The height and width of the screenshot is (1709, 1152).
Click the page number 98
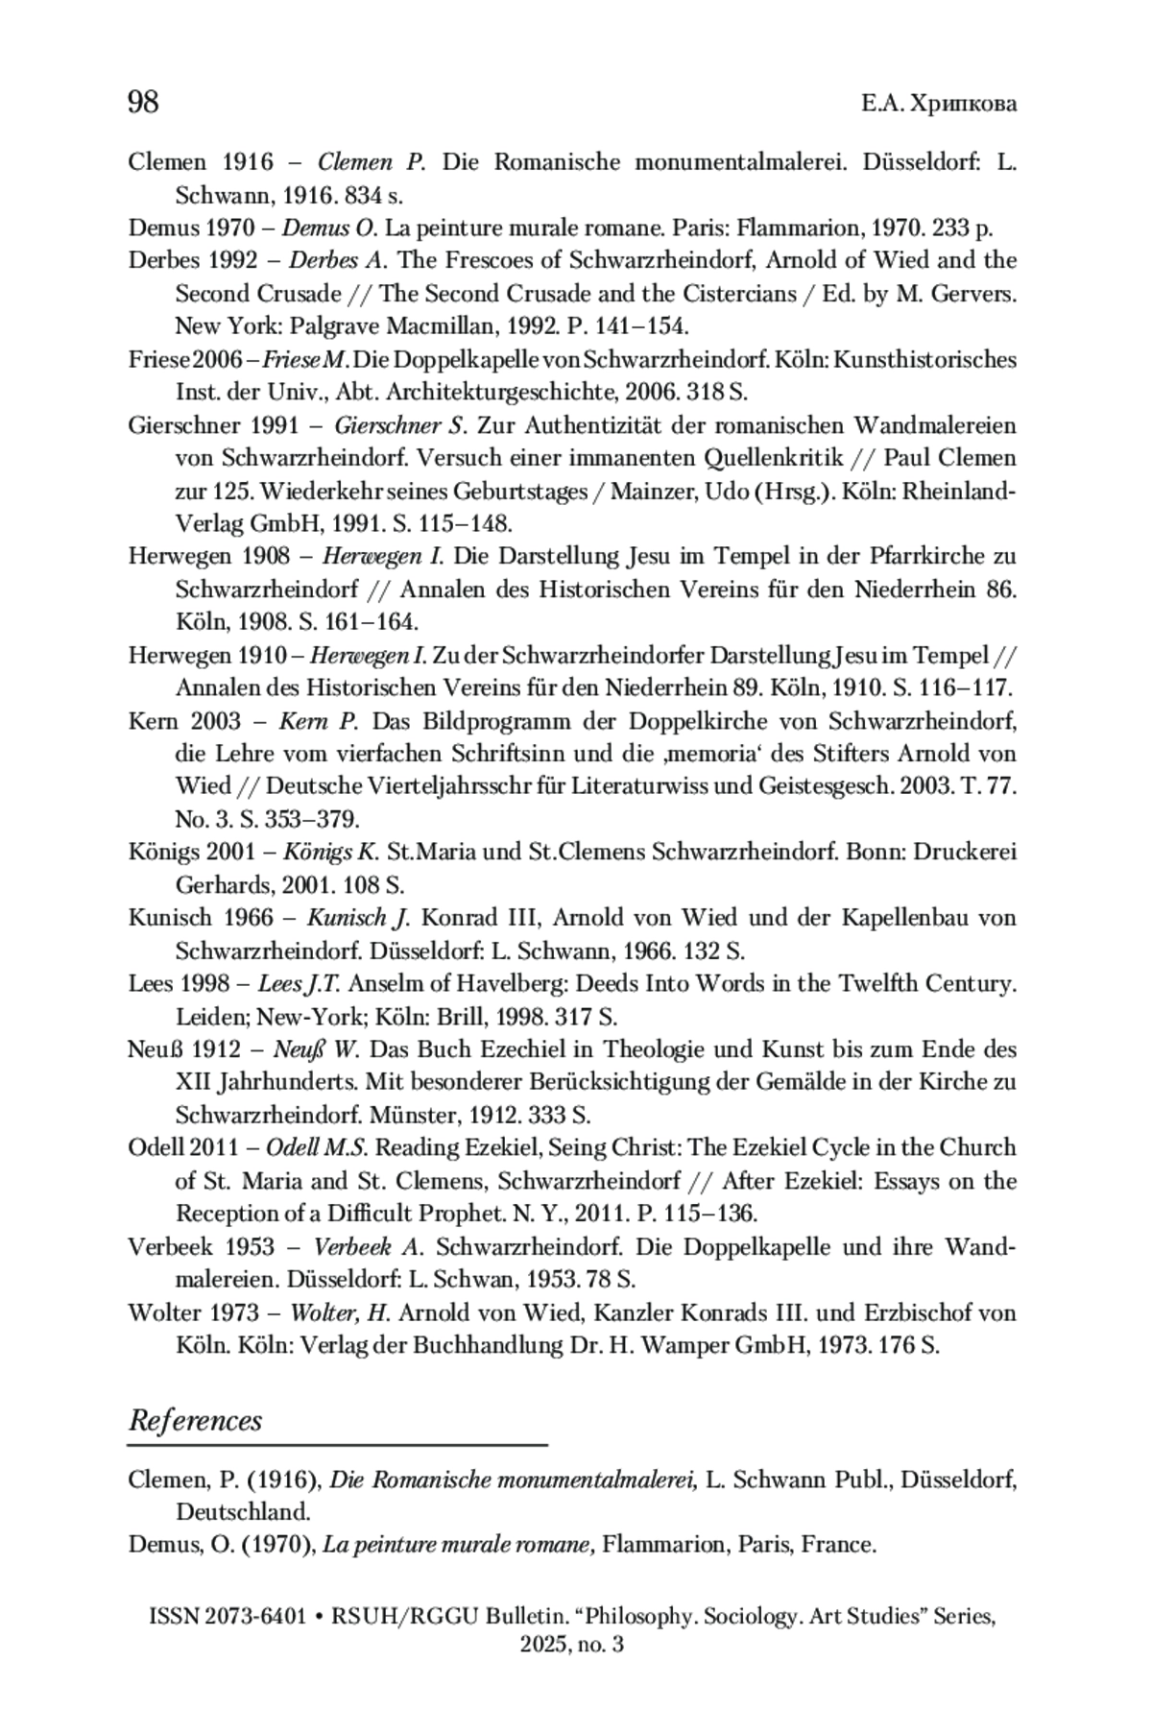[143, 102]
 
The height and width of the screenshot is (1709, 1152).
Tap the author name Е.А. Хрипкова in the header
[938, 104]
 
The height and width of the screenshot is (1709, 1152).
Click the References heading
[195, 1421]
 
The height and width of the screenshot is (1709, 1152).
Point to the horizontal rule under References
[337, 1444]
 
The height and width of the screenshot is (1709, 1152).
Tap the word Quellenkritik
[784, 458]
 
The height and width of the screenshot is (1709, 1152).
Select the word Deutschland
[243, 1512]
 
